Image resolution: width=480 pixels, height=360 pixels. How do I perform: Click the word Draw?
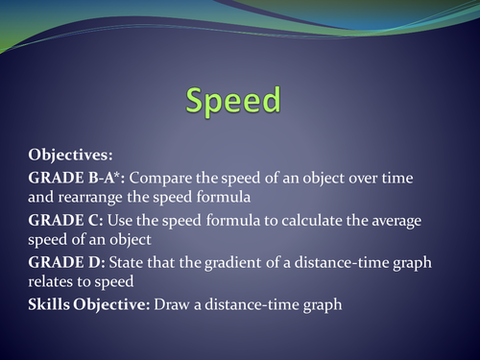point(165,305)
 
